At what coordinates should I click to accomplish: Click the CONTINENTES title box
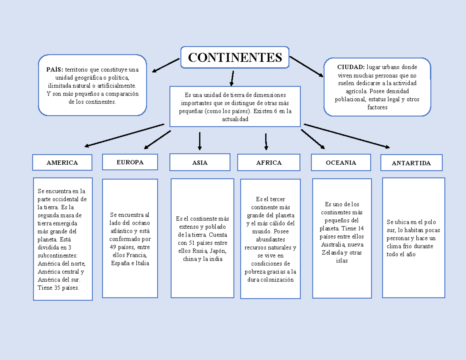235,57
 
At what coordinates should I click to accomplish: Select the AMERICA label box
62,163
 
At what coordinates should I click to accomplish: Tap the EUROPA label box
130,162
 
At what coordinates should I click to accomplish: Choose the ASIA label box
200,162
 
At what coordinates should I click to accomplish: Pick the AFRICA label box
269,163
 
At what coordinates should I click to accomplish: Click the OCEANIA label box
341,163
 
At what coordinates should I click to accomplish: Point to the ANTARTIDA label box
411,163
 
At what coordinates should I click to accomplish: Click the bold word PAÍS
55,70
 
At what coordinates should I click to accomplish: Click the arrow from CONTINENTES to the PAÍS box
166,65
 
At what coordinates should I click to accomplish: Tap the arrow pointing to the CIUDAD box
306,66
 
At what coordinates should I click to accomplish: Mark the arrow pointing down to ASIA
200,141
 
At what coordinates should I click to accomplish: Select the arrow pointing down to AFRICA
266,142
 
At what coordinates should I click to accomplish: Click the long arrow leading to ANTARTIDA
347,136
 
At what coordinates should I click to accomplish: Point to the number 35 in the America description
57,288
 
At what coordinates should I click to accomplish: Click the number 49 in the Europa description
113,247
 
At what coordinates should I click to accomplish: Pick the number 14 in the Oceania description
361,228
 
